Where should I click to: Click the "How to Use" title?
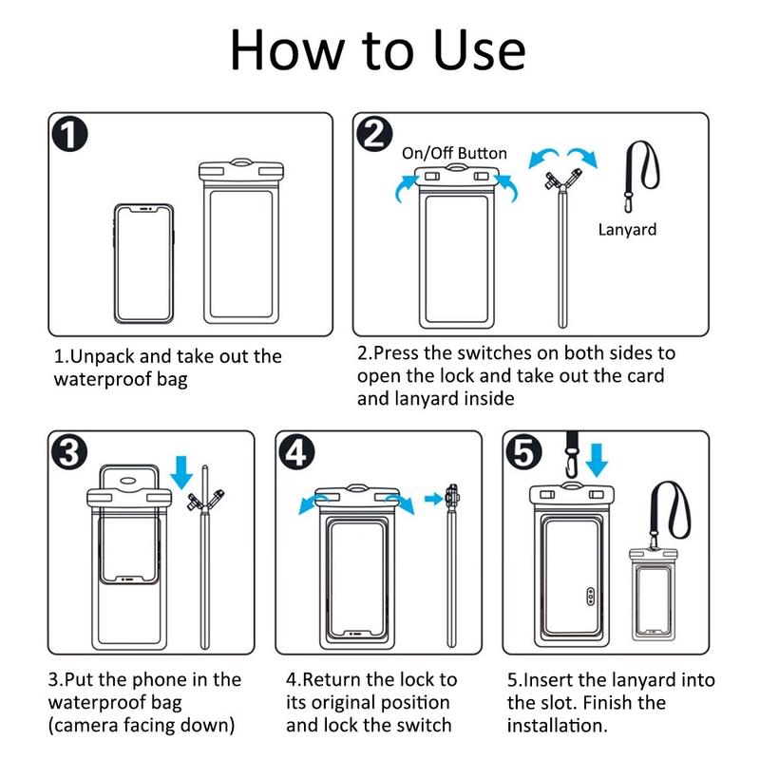[x=377, y=50]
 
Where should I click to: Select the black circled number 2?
[x=374, y=133]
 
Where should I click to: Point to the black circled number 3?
[x=69, y=452]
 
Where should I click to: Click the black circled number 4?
[x=296, y=452]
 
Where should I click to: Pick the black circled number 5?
[x=523, y=452]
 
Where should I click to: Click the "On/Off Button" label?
[x=454, y=154]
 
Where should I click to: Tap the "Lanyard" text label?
[x=627, y=229]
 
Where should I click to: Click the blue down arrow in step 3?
[x=181, y=472]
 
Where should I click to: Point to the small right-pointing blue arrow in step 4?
[x=433, y=498]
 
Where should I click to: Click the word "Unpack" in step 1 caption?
[x=103, y=357]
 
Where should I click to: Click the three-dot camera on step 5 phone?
[x=590, y=597]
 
